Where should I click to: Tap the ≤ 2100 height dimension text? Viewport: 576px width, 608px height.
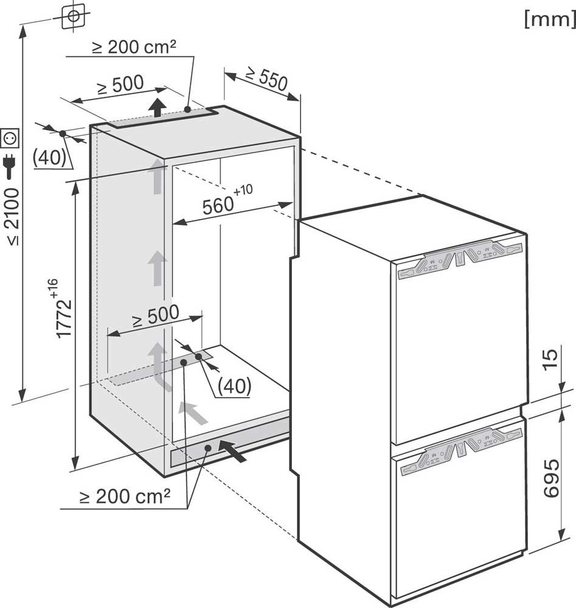pos(12,217)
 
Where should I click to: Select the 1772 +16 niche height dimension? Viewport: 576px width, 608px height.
pos(60,309)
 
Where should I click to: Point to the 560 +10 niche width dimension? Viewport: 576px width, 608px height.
pos(227,199)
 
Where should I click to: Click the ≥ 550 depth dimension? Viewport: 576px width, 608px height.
pos(267,78)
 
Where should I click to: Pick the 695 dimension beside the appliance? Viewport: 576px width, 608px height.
pos(551,478)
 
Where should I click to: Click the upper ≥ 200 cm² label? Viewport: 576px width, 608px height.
pos(134,47)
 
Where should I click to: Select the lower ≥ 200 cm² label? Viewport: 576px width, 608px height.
pos(125,496)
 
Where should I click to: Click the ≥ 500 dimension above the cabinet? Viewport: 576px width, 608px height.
pos(120,85)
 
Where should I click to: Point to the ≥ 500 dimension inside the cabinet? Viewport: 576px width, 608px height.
pos(156,316)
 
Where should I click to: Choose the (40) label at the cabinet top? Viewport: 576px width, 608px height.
pos(49,157)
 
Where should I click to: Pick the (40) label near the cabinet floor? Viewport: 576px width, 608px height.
pos(234,386)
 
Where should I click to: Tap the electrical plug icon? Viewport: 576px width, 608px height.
pos(10,166)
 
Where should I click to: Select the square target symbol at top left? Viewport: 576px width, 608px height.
pos(74,16)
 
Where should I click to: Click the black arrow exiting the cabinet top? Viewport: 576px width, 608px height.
pos(157,107)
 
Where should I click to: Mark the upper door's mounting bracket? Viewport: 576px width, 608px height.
pos(460,258)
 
